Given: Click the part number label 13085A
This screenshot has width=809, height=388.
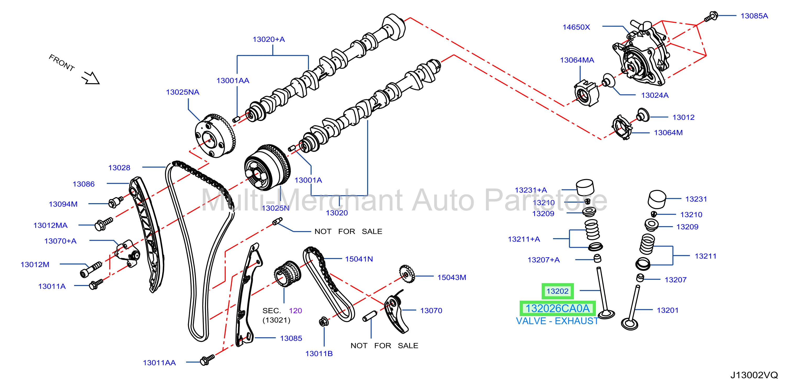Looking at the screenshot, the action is point(754,16).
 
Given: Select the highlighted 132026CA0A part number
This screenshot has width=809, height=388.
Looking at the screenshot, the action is point(557,308).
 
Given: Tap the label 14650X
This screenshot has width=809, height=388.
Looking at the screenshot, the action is point(576,27).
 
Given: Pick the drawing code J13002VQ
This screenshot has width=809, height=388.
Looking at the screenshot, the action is point(754,375).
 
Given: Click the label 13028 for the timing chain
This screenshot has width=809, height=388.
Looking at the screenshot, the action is point(119,168).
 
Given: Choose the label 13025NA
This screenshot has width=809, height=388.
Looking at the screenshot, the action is point(182,92).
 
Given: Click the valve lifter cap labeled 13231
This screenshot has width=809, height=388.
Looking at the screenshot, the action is point(657,199).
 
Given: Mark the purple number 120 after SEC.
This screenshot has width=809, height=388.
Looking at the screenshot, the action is point(295,311).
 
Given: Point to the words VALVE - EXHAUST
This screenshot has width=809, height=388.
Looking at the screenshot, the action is point(557,321).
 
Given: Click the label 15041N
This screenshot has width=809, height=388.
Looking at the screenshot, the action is point(359,259).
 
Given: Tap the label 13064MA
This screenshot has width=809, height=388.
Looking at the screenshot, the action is point(577,60).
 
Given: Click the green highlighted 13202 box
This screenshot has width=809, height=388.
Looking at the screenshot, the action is point(557,291).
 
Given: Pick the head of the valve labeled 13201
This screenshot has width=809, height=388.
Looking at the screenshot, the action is point(630,324).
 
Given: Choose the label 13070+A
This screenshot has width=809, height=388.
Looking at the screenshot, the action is point(60,241).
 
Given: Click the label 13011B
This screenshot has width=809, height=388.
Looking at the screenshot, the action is point(319,354).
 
